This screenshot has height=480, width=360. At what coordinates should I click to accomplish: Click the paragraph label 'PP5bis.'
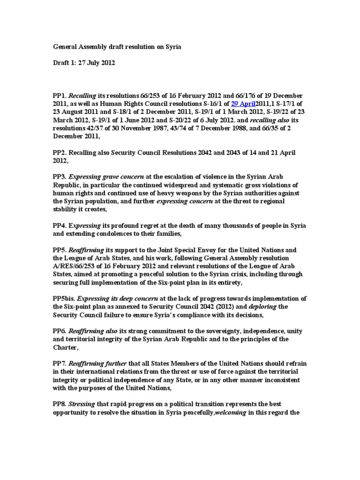[x=64, y=298]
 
